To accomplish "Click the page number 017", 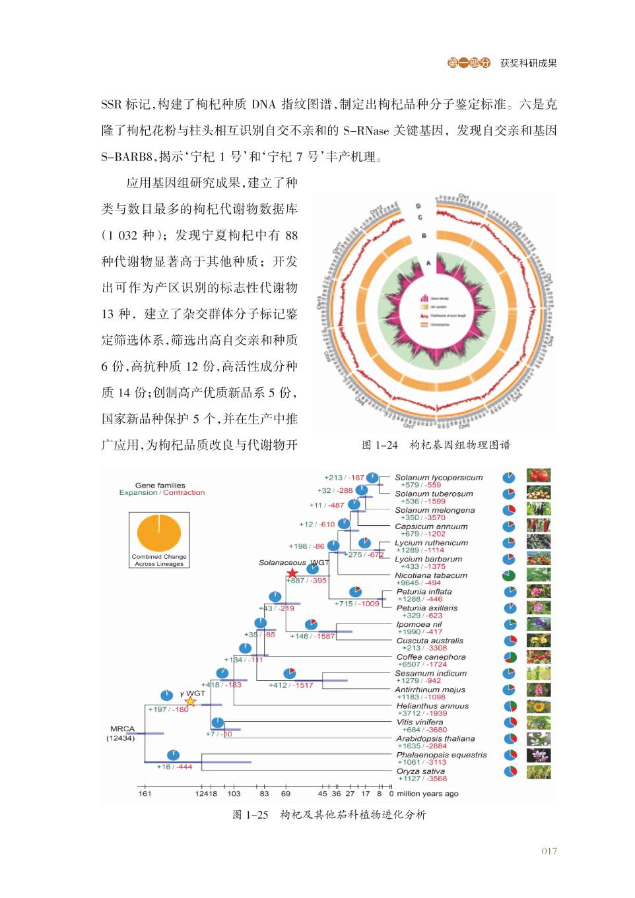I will tap(549, 850).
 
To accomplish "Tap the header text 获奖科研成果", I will tap(528, 63).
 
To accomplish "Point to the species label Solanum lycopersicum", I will tap(438, 477).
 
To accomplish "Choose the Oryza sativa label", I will tap(420, 771).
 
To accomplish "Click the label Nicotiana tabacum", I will tap(431, 575).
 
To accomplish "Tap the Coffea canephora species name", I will tap(431, 657).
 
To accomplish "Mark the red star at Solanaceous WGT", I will tap(292, 573).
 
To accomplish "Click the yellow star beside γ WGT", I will tap(190, 701).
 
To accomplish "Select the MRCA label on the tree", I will tap(122, 728).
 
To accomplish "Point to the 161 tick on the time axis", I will tap(145, 793).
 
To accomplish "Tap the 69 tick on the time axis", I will tap(286, 793).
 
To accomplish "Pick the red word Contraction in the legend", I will tap(184, 492).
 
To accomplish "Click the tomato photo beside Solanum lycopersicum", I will tap(539, 476).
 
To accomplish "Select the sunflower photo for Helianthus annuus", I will tap(539, 706).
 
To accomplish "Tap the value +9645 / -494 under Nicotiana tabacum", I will tap(418, 583).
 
